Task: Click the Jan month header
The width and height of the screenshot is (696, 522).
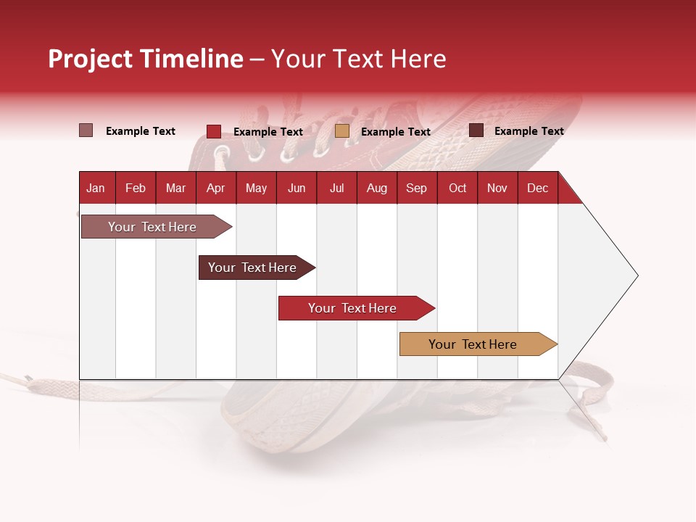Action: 96,188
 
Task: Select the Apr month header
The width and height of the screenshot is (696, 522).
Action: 215,188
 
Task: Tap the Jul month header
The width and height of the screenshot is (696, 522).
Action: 336,188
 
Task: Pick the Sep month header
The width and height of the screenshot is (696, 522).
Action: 416,188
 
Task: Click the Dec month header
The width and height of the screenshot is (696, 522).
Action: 537,188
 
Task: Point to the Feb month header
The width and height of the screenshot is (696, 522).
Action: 136,188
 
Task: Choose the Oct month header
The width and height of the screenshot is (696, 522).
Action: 457,188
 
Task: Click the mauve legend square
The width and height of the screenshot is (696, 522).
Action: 86,130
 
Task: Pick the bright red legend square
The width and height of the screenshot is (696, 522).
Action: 213,131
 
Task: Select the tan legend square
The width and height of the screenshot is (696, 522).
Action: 342,131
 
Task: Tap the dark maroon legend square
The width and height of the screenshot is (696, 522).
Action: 476,130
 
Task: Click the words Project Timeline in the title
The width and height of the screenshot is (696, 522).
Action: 145,59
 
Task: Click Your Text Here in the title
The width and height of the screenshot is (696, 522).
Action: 358,59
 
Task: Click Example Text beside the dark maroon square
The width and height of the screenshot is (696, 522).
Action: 529,131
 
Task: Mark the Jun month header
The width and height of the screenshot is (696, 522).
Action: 297,188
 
